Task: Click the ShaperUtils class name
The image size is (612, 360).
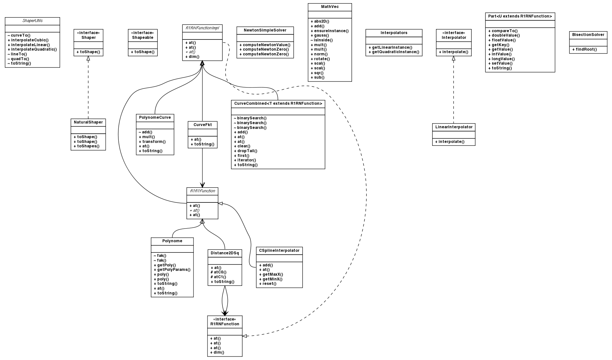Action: coord(32,21)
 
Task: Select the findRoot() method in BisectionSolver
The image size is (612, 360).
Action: coord(586,49)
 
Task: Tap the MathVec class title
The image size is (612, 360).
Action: coord(330,7)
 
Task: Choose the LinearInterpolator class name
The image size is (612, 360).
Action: coord(454,127)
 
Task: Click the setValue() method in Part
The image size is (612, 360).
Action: coord(500,63)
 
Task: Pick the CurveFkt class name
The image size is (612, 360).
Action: coord(202,125)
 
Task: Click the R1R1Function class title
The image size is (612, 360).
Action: coord(202,191)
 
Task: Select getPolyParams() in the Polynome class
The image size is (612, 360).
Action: coord(172,270)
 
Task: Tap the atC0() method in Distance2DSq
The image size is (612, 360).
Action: coord(218,272)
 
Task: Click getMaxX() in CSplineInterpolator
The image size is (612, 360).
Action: coord(271,274)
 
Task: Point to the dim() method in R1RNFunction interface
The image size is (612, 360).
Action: coord(217,352)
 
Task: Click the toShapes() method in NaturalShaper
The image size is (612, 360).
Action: coord(86,146)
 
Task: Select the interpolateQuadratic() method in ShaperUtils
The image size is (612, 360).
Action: coord(32,49)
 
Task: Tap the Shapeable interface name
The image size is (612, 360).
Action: coord(143,38)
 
